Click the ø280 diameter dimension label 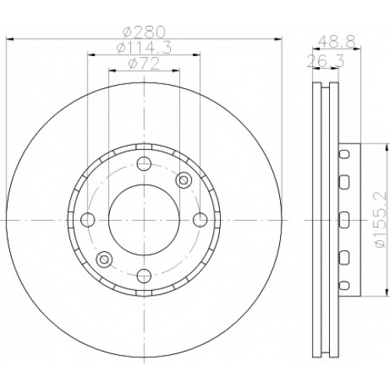144,32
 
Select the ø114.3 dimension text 144,48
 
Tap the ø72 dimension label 144,63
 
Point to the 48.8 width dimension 336,41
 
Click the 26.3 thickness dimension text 326,61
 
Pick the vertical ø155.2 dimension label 381,220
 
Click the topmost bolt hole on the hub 144,164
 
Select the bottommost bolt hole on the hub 144,276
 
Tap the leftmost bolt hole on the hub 88,220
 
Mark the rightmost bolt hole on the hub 200,220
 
